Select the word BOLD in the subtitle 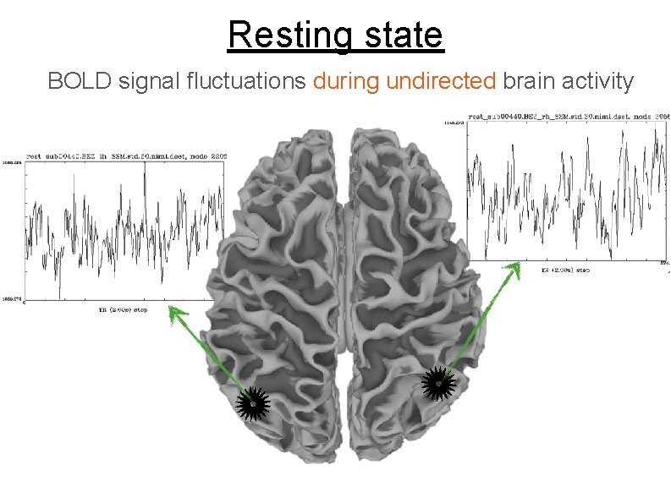80,81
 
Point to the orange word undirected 440,81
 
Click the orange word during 347,81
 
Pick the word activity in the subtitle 592,81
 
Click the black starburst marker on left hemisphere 253,404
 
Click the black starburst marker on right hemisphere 438,383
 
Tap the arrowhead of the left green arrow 174,313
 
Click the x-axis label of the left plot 123,310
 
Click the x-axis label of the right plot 565,271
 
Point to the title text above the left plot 124,156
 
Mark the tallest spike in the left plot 145,167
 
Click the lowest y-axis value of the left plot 13,298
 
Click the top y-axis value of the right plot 453,123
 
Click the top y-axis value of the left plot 13,162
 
